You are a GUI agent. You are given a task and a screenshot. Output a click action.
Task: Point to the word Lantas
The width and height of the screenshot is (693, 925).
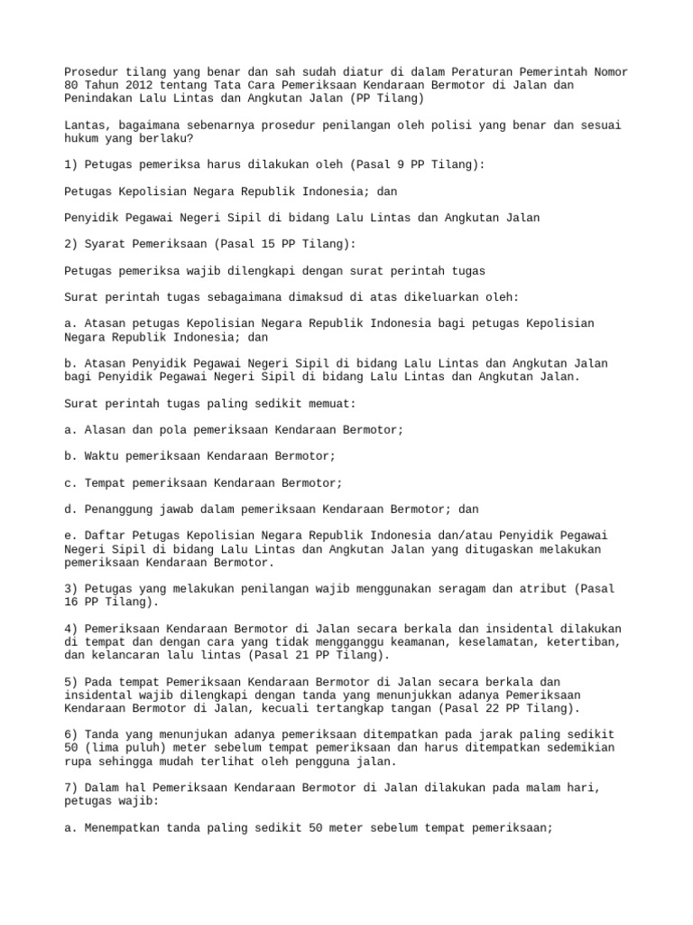[87, 125]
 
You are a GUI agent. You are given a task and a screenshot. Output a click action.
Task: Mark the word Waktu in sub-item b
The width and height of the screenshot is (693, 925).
[100, 456]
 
